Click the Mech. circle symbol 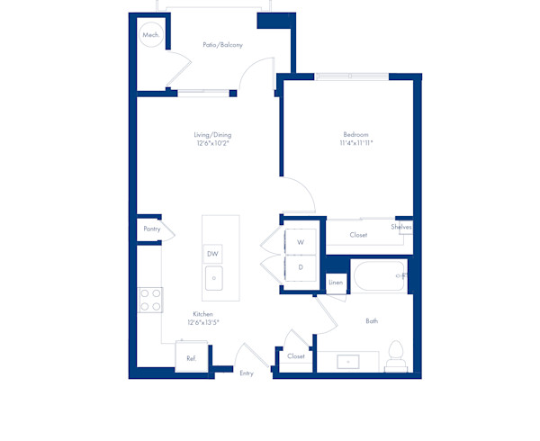click(x=150, y=36)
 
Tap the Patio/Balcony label click(x=222, y=45)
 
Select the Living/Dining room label click(x=213, y=135)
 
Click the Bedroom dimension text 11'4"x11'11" click(x=356, y=142)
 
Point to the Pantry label click(x=151, y=229)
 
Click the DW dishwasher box click(x=213, y=254)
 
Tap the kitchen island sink click(x=213, y=279)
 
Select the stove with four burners click(x=150, y=299)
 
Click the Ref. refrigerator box click(x=191, y=358)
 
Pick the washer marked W click(x=301, y=243)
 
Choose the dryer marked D click(x=301, y=268)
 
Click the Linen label click(x=336, y=283)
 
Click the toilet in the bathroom click(x=394, y=355)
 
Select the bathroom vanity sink click(x=349, y=362)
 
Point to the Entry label click(x=247, y=373)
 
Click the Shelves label click(x=401, y=227)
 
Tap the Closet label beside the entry click(x=296, y=356)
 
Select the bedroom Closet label click(x=358, y=235)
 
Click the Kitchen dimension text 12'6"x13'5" click(x=204, y=321)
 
